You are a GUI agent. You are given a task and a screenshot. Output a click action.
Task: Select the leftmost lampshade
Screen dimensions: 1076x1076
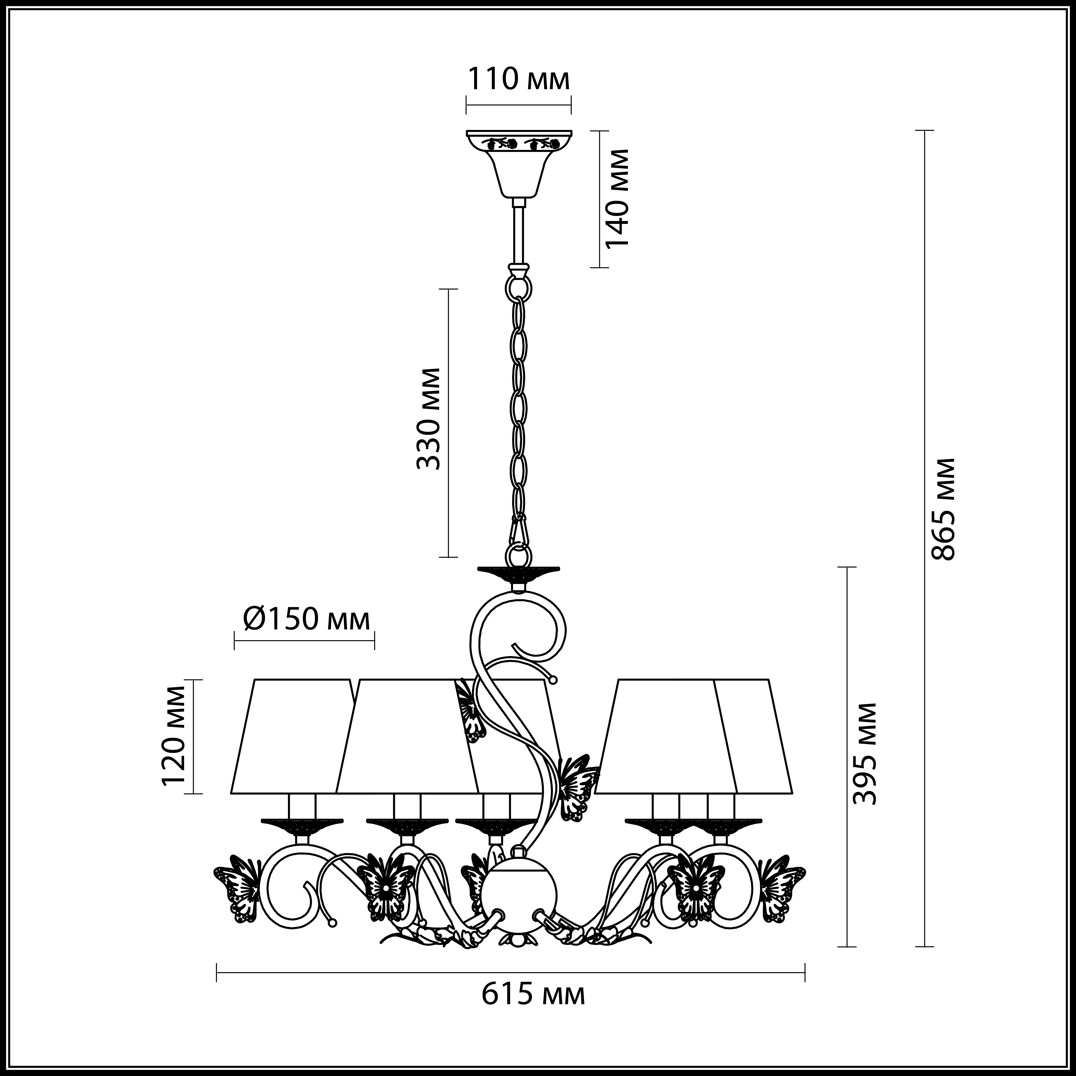(x=292, y=735)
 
